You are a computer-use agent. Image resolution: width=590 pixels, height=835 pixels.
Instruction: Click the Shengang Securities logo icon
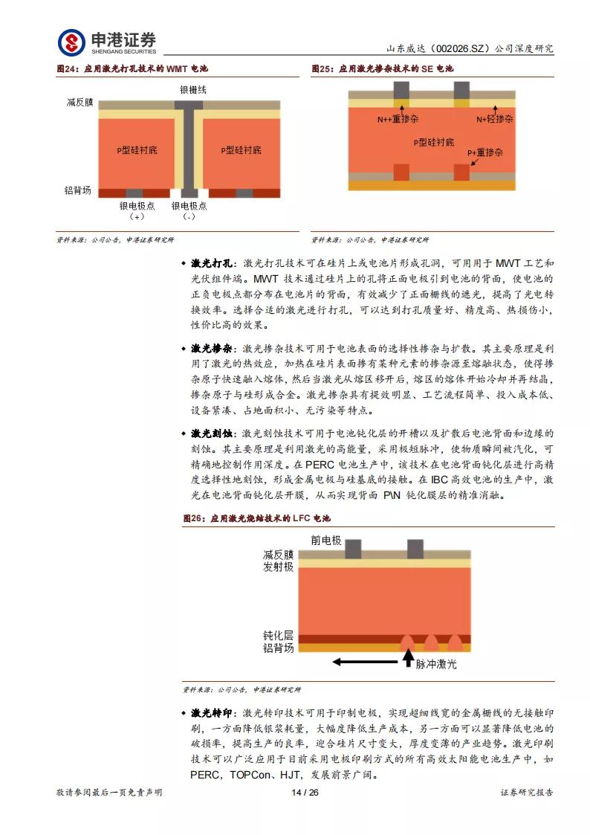71,42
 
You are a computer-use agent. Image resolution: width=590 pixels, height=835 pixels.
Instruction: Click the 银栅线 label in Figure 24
192,89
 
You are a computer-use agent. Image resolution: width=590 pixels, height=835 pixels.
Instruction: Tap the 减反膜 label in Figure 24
80,103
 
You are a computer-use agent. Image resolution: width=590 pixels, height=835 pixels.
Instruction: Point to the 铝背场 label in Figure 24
78,191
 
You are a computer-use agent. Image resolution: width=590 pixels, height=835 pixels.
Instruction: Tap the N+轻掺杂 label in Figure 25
495,119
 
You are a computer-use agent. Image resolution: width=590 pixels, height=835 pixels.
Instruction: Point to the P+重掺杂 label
485,152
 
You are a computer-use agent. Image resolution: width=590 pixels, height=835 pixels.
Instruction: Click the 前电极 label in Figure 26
326,541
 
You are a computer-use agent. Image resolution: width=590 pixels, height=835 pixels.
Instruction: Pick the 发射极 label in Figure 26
279,567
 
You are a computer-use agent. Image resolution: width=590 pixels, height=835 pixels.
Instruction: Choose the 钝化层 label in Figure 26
279,636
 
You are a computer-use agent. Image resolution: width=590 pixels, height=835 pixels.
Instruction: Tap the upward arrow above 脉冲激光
407,658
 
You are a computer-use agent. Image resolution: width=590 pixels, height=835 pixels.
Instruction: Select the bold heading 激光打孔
212,264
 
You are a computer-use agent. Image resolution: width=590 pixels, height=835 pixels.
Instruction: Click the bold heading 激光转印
212,713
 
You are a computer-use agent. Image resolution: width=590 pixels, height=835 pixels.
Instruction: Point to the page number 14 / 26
305,793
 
